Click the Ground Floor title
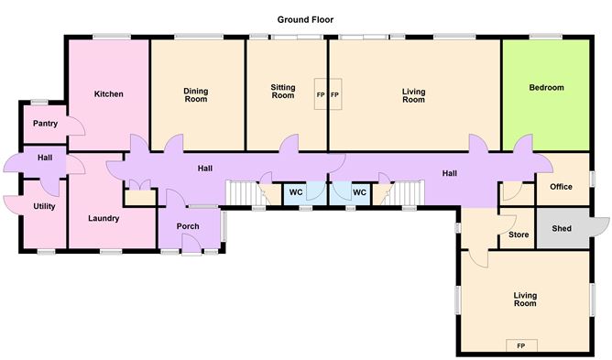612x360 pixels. [x=306, y=18]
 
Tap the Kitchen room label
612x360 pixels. [x=108, y=93]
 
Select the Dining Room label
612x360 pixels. [x=196, y=94]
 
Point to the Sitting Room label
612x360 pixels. [x=282, y=92]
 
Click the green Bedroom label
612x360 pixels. [x=546, y=88]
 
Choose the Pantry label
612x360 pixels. [x=45, y=124]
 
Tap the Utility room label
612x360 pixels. [x=44, y=206]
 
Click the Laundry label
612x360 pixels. [x=104, y=218]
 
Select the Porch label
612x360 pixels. [x=188, y=226]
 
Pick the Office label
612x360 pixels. [x=561, y=187]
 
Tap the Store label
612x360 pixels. [x=518, y=235]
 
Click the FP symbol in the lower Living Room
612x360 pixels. [x=520, y=345]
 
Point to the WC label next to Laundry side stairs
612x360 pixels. [x=296, y=192]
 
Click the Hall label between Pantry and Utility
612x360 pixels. [x=45, y=158]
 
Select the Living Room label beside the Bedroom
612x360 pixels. [x=414, y=94]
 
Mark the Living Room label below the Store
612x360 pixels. [x=524, y=299]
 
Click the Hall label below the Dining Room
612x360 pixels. [x=205, y=168]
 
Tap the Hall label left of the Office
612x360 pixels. [x=449, y=173]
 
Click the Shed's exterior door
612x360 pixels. [x=600, y=227]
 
